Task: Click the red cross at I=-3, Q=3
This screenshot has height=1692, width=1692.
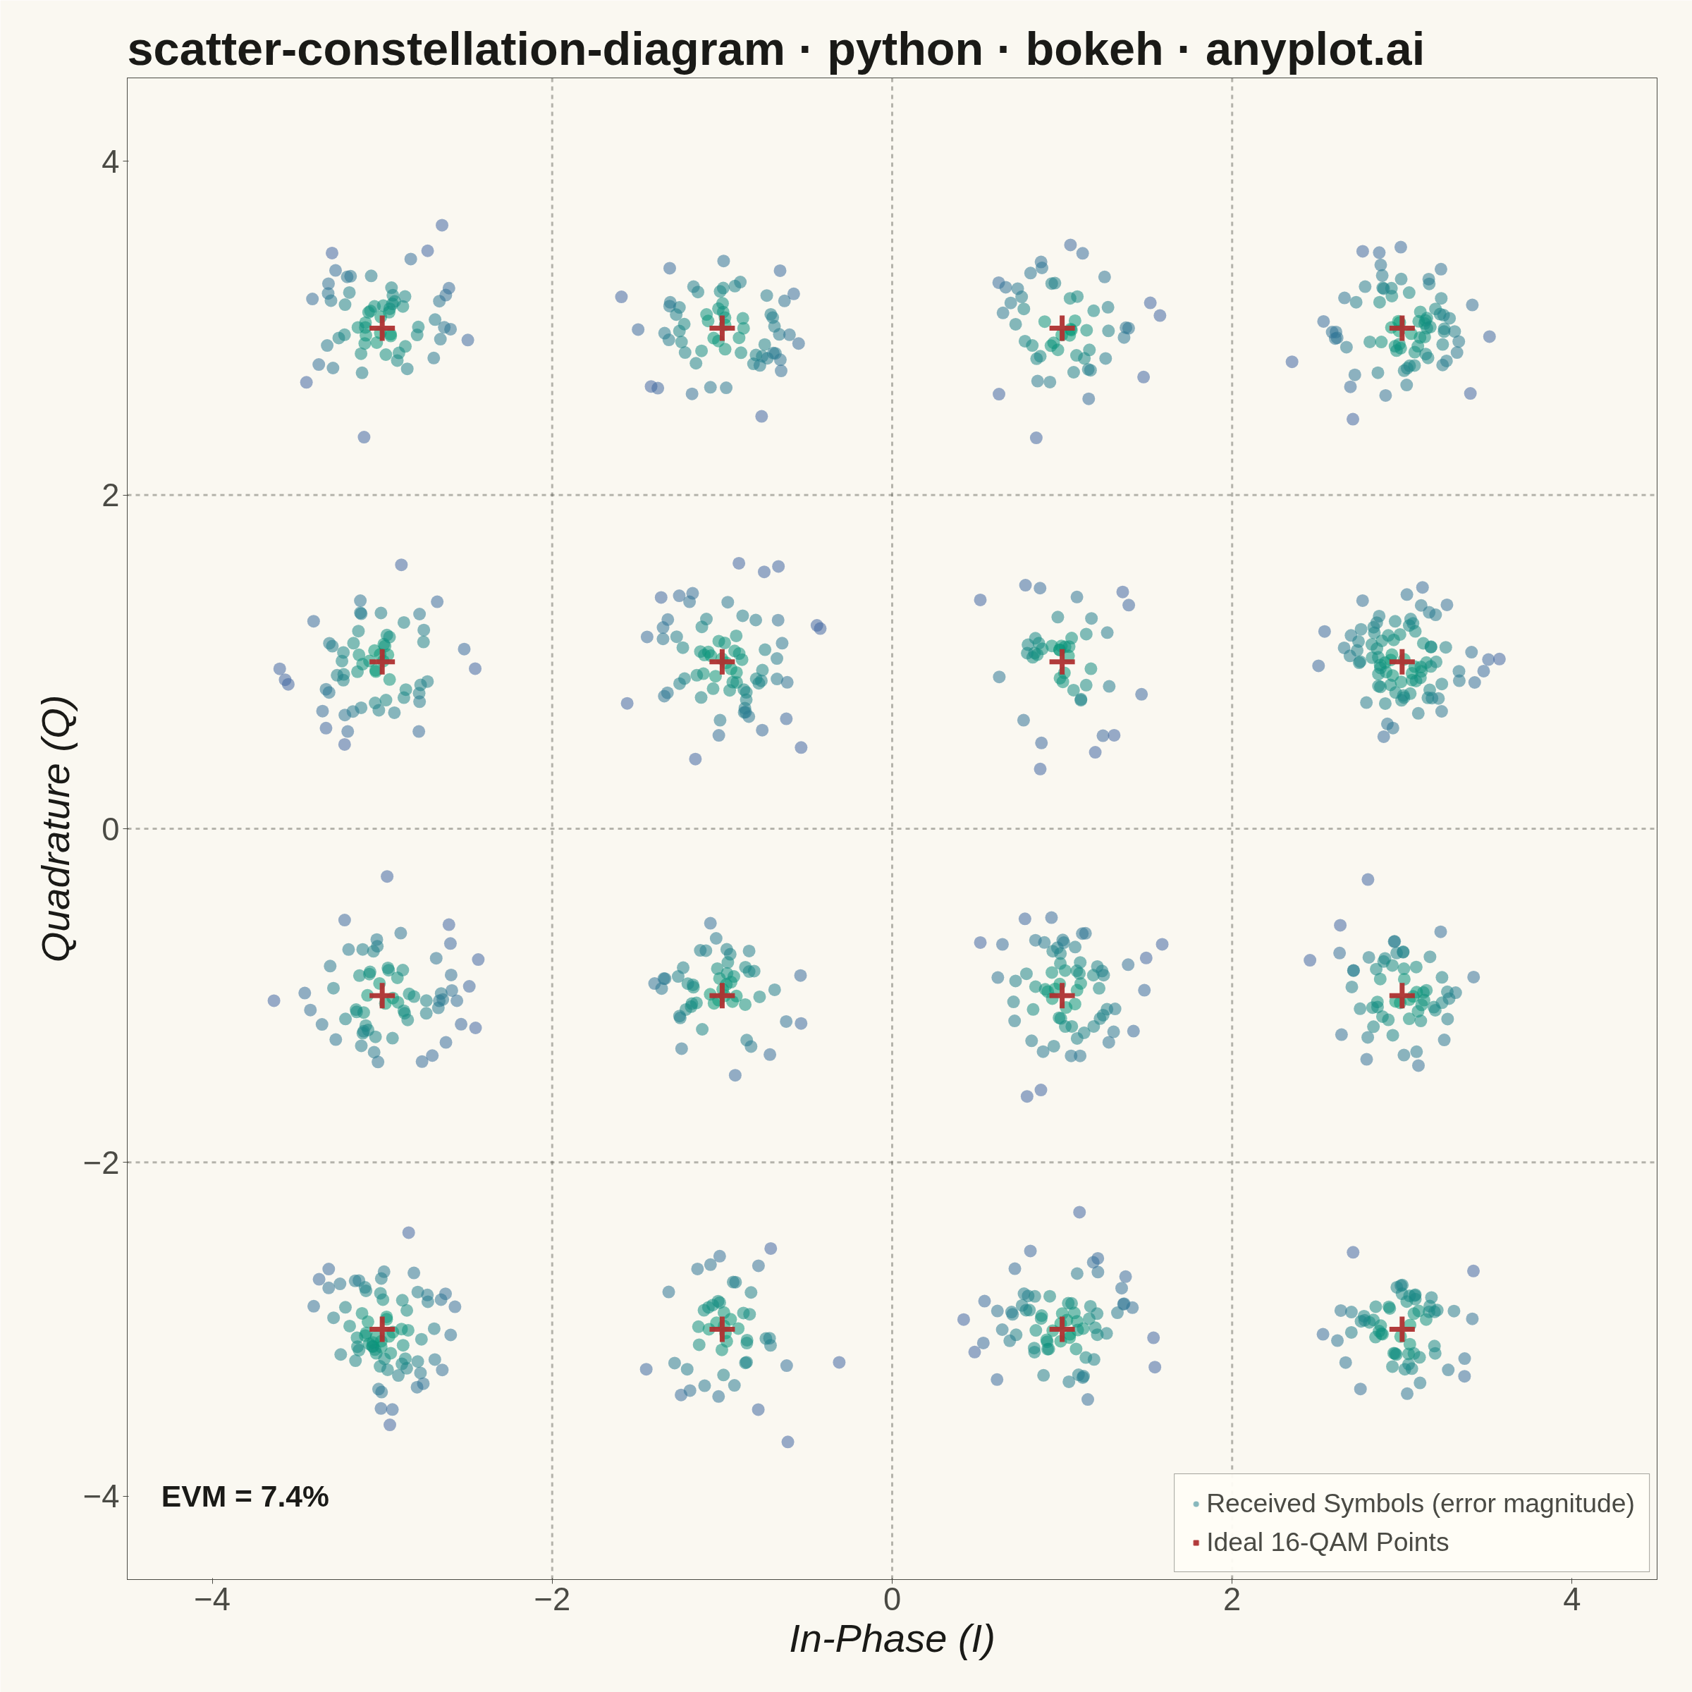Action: click(382, 329)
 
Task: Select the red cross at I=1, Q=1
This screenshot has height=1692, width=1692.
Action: click(1062, 661)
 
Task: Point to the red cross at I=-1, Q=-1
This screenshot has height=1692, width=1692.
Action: click(722, 995)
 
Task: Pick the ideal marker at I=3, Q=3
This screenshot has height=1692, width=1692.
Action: click(1402, 329)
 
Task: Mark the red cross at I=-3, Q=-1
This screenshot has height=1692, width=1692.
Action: click(382, 995)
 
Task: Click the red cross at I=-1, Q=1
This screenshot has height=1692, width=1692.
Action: click(722, 661)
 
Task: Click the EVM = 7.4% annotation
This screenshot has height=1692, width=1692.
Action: click(245, 1497)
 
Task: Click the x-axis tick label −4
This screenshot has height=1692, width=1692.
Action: click(212, 1599)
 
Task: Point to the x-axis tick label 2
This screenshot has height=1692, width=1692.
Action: click(1232, 1599)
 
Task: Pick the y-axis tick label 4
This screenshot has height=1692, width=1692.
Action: click(109, 161)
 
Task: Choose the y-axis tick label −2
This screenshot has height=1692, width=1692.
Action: click(102, 1163)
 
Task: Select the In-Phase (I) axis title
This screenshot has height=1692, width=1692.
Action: click(892, 1639)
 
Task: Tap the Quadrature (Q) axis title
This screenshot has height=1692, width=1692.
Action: click(59, 828)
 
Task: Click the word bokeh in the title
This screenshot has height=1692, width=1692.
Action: click(1094, 49)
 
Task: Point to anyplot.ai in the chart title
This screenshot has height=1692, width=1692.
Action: click(1315, 51)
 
